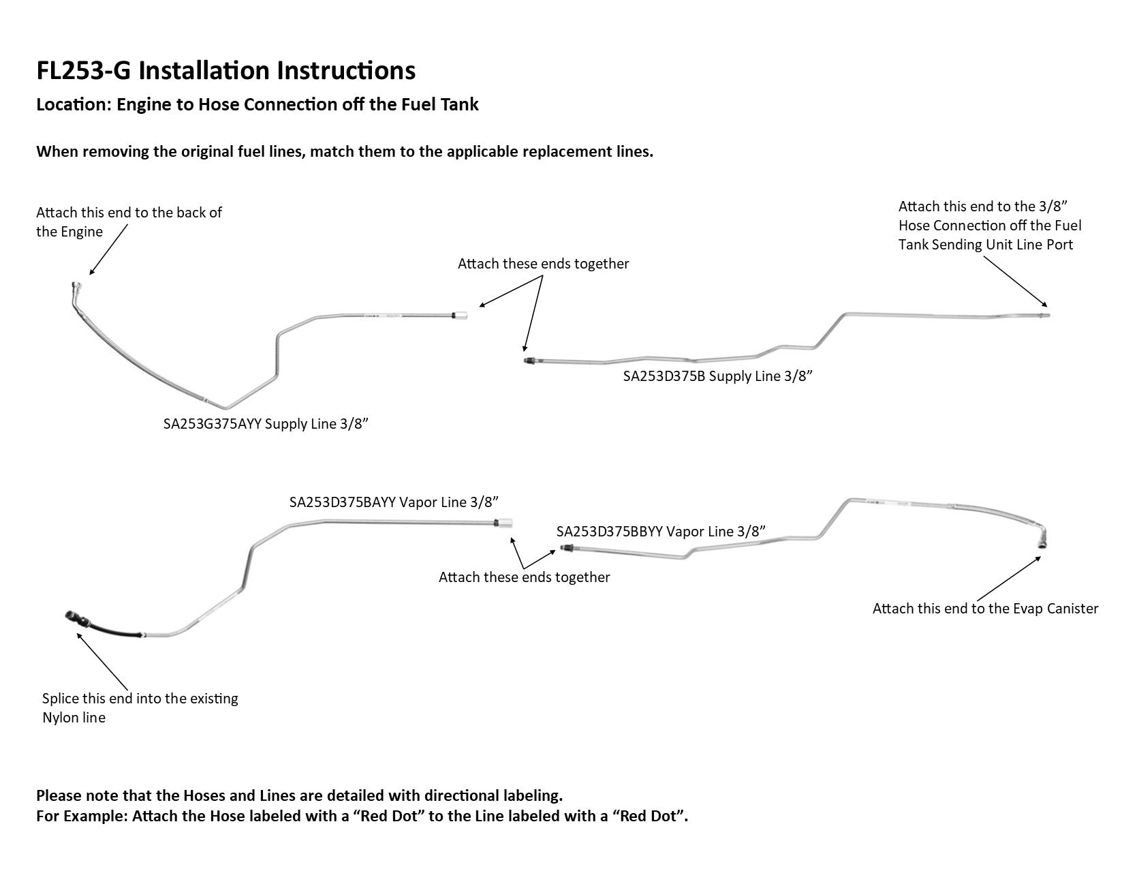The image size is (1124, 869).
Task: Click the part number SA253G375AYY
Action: click(x=212, y=424)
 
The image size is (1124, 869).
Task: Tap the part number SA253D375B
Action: click(x=664, y=376)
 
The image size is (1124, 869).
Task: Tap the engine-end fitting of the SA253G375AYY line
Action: click(x=76, y=288)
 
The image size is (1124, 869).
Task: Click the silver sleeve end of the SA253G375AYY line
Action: click(x=460, y=315)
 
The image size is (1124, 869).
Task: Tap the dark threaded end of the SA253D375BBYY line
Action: click(x=563, y=547)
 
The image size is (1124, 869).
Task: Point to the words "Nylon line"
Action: click(x=74, y=718)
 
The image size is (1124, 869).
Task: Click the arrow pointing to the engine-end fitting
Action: click(x=108, y=249)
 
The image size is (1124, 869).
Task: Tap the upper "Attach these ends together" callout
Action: click(x=543, y=264)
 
